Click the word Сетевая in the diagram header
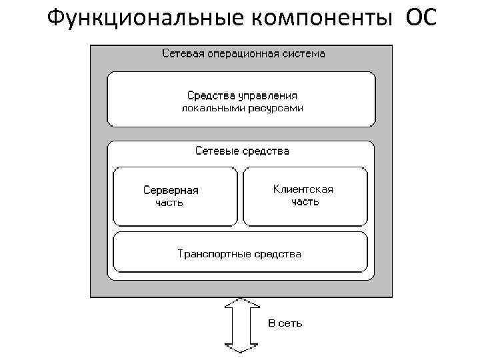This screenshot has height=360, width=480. [181, 54]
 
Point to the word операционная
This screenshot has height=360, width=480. [243, 54]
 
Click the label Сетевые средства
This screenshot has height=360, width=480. [242, 151]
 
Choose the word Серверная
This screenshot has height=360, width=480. [171, 190]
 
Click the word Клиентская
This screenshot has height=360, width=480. [303, 189]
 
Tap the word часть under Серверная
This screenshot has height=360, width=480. [169, 203]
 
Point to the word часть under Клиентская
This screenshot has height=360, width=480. [305, 201]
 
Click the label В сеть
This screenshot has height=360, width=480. [285, 323]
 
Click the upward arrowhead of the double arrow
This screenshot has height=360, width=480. [241, 303]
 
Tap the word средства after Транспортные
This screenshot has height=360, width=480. [281, 254]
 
